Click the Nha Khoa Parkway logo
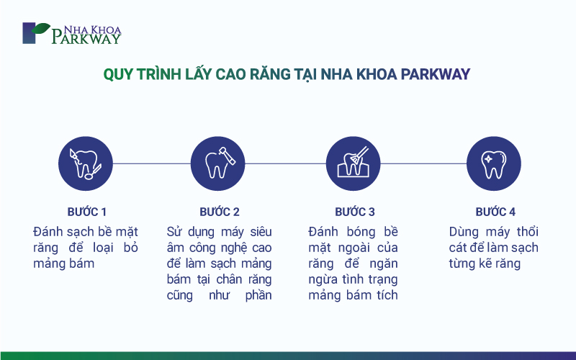(x=72, y=33)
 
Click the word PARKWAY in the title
(x=436, y=74)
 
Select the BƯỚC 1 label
(x=86, y=212)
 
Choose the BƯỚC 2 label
(x=220, y=212)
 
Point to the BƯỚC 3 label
(x=355, y=212)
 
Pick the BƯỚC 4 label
(x=495, y=212)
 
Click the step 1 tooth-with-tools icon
(x=86, y=163)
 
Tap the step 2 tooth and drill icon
(x=218, y=163)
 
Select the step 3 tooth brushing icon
(x=353, y=163)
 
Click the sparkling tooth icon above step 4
(x=494, y=163)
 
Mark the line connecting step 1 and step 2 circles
(x=152, y=163)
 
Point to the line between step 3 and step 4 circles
(x=423, y=163)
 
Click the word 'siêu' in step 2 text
(x=261, y=232)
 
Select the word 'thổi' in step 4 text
(x=528, y=232)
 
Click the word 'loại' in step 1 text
(x=103, y=248)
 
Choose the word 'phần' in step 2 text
(x=258, y=295)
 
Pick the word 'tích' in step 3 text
(x=387, y=295)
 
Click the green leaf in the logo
(x=41, y=28)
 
